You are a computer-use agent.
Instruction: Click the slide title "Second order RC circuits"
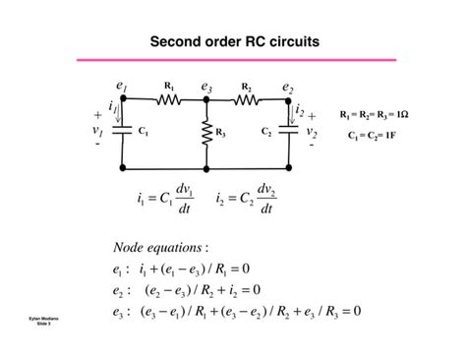point(233,42)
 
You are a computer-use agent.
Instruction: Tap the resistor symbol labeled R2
point(247,99)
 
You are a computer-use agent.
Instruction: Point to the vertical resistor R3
point(206,132)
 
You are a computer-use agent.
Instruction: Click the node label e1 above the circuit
point(122,88)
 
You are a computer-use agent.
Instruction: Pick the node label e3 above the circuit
point(206,88)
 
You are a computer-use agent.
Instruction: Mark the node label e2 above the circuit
point(288,88)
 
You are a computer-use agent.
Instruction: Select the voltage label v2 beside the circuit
point(312,129)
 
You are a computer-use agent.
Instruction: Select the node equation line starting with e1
point(182,269)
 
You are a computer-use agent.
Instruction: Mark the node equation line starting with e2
point(187,290)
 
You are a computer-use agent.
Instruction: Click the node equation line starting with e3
point(237,312)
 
